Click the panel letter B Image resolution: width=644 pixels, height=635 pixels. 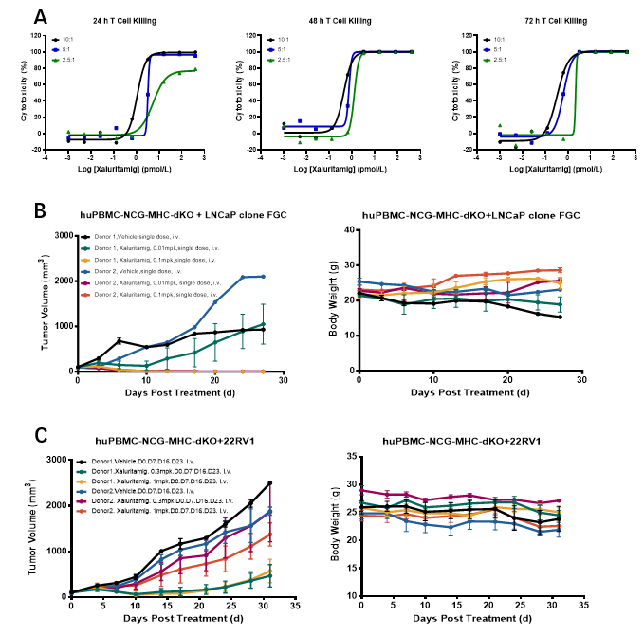[41, 210]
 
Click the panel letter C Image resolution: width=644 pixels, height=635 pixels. [41, 435]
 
